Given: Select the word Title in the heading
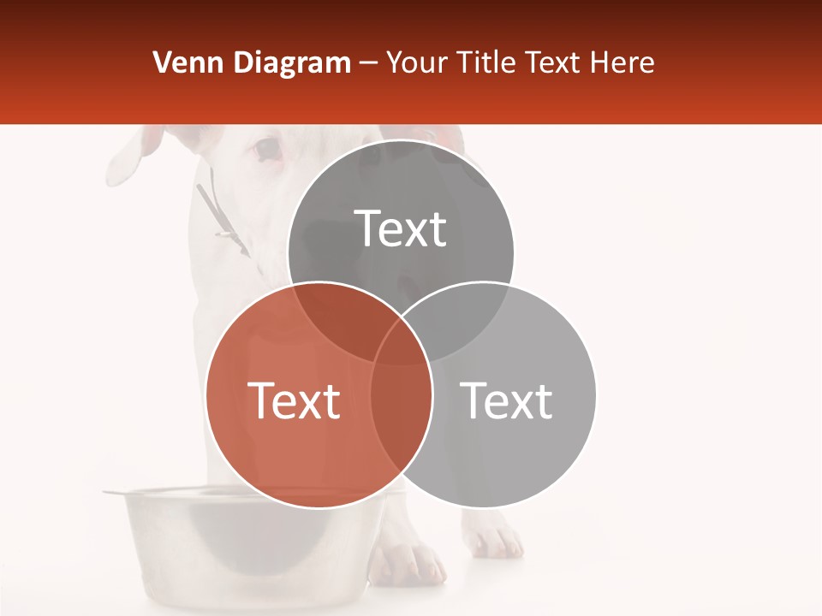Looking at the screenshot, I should coord(487,62).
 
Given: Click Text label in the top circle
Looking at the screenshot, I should coord(400,229).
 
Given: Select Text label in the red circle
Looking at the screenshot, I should coord(294,400).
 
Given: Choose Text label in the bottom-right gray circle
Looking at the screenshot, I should coord(506,400).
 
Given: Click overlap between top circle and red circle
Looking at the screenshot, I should coord(342,321).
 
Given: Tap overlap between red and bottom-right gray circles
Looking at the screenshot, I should coord(401,402).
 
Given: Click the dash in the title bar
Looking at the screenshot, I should coord(369,62).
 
